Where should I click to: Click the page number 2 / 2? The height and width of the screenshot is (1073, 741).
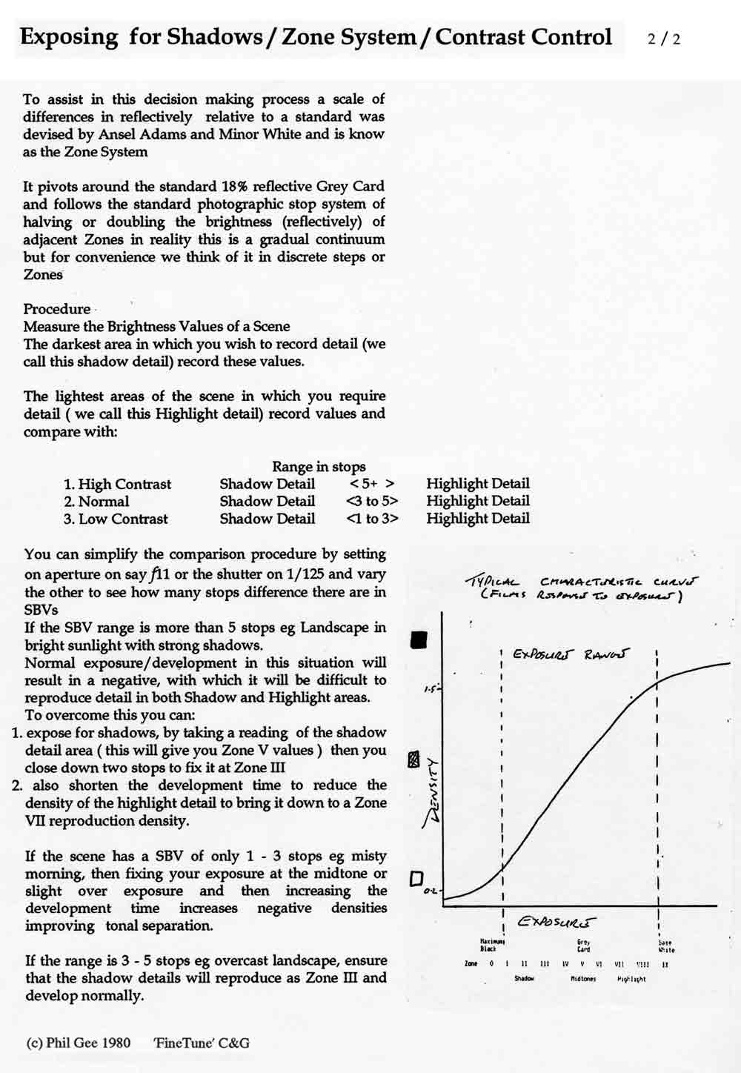pos(663,39)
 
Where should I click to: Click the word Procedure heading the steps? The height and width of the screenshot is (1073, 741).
pos(56,309)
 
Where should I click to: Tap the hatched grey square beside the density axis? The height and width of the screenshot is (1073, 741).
pos(415,760)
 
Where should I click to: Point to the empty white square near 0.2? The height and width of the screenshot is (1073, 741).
pos(416,879)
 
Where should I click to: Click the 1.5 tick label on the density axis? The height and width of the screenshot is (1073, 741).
pos(431,690)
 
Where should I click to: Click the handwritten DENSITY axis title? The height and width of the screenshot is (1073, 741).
pos(430,793)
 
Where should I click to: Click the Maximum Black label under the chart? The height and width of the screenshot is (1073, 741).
pos(488,945)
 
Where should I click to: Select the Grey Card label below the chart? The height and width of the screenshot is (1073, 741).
pos(583,946)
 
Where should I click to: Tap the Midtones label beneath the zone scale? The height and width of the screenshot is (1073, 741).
pos(583,979)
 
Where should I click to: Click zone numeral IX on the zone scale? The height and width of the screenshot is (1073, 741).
pos(665,964)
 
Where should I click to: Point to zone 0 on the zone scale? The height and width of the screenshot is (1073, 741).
pos(491,964)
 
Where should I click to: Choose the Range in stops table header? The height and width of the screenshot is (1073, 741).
pos(319,467)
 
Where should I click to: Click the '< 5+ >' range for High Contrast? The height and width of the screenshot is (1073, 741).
pos(372,485)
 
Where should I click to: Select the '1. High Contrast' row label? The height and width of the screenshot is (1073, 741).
pos(117,485)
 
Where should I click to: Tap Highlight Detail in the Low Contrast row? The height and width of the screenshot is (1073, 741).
pos(478,519)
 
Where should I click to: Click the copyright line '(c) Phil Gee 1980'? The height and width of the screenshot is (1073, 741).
pos(79,1043)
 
